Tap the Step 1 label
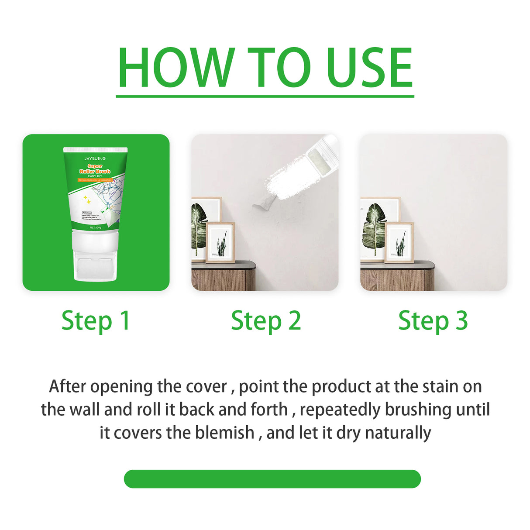[96, 321]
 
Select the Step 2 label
[265, 321]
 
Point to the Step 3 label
[433, 321]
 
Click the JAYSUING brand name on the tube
[95, 158]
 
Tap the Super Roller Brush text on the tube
[95, 169]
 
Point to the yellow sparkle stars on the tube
[88, 200]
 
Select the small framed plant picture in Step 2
[220, 242]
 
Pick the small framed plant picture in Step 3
[399, 242]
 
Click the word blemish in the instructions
[224, 433]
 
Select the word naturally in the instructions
[398, 433]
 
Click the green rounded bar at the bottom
[272, 479]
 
